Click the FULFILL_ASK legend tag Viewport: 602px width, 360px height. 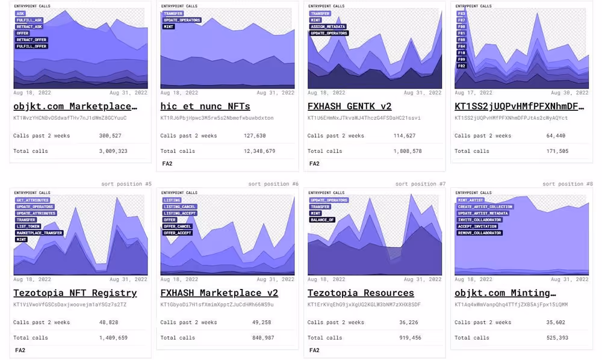pyautogui.click(x=29, y=20)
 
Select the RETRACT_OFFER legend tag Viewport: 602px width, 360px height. pyautogui.click(x=31, y=40)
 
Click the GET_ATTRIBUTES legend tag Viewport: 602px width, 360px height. pyautogui.click(x=33, y=200)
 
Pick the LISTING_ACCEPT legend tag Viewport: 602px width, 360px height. pyautogui.click(x=179, y=213)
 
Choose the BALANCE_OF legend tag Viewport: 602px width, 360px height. pyautogui.click(x=322, y=220)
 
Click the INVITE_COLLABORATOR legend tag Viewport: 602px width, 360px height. pyautogui.click(x=480, y=220)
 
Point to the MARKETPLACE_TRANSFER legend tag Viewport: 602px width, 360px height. pyautogui.click(x=40, y=232)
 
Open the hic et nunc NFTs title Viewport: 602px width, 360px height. pyautogui.click(x=205, y=107)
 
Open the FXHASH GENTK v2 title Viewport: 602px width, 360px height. pyautogui.click(x=349, y=107)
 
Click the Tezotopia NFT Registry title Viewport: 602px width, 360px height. pyautogui.click(x=75, y=293)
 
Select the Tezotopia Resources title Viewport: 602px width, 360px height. pyautogui.click(x=361, y=293)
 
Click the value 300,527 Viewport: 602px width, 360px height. pyautogui.click(x=110, y=136)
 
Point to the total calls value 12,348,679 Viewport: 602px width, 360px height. pyautogui.click(x=261, y=151)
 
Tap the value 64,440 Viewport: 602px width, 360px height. pyautogui.click(x=554, y=136)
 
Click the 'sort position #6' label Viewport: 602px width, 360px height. pyautogui.click(x=273, y=184)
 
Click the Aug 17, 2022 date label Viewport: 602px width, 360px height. pyautogui.click(x=471, y=93)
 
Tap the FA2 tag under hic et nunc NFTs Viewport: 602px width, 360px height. pyautogui.click(x=167, y=163)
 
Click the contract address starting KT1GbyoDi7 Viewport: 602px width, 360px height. pyautogui.click(x=217, y=305)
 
